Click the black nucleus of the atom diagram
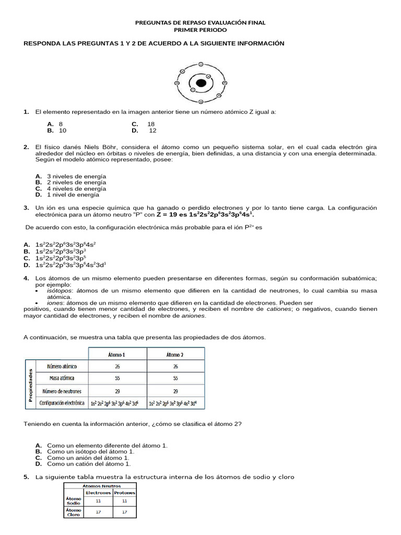point(200,83)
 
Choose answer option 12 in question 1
point(152,131)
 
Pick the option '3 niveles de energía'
point(76,176)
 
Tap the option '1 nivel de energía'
point(73,194)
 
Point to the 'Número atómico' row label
point(61,366)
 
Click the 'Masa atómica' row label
point(61,378)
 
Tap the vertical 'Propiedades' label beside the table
point(30,385)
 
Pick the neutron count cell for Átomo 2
point(175,391)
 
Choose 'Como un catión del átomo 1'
point(89,463)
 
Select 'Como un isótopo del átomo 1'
point(90,451)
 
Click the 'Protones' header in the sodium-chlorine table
point(124,492)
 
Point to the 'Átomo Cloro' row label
point(73,513)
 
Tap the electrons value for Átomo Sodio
point(98,501)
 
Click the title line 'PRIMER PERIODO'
point(200,30)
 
